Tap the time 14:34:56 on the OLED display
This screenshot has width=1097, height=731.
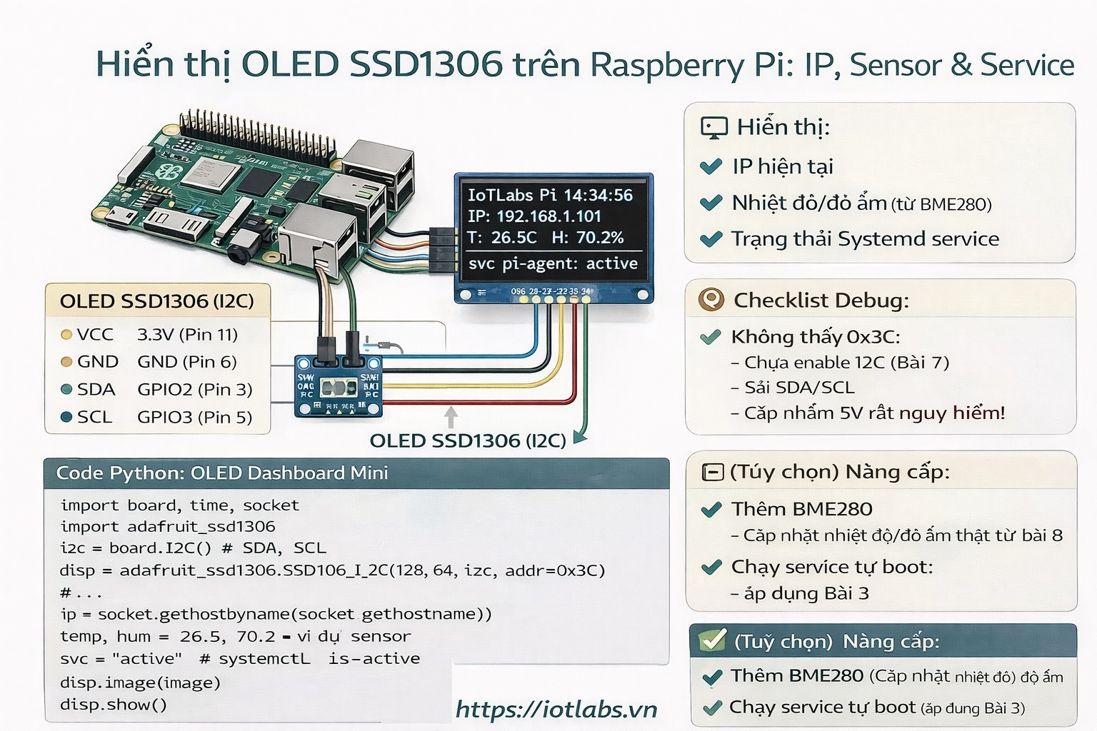598,195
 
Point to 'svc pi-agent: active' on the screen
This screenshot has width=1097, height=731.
553,263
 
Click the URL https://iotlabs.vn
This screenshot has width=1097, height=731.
556,709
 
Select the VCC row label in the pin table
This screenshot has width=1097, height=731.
95,334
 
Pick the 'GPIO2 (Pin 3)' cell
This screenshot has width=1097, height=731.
194,389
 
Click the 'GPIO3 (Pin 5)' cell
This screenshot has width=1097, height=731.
194,417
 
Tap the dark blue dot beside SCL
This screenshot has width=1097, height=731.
66,417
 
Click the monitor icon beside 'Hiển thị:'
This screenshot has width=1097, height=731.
713,128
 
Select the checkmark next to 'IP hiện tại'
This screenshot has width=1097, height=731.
711,166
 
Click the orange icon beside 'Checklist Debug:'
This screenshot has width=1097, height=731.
711,300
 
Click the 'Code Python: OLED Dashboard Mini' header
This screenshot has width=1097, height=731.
222,473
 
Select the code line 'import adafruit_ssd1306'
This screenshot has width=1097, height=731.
168,527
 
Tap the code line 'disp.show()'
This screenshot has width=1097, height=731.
114,705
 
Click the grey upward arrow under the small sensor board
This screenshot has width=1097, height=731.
451,416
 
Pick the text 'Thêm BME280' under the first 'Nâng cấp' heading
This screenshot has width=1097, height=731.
801,509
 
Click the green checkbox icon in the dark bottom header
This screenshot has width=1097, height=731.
712,640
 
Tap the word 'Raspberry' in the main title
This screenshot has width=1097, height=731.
667,65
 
